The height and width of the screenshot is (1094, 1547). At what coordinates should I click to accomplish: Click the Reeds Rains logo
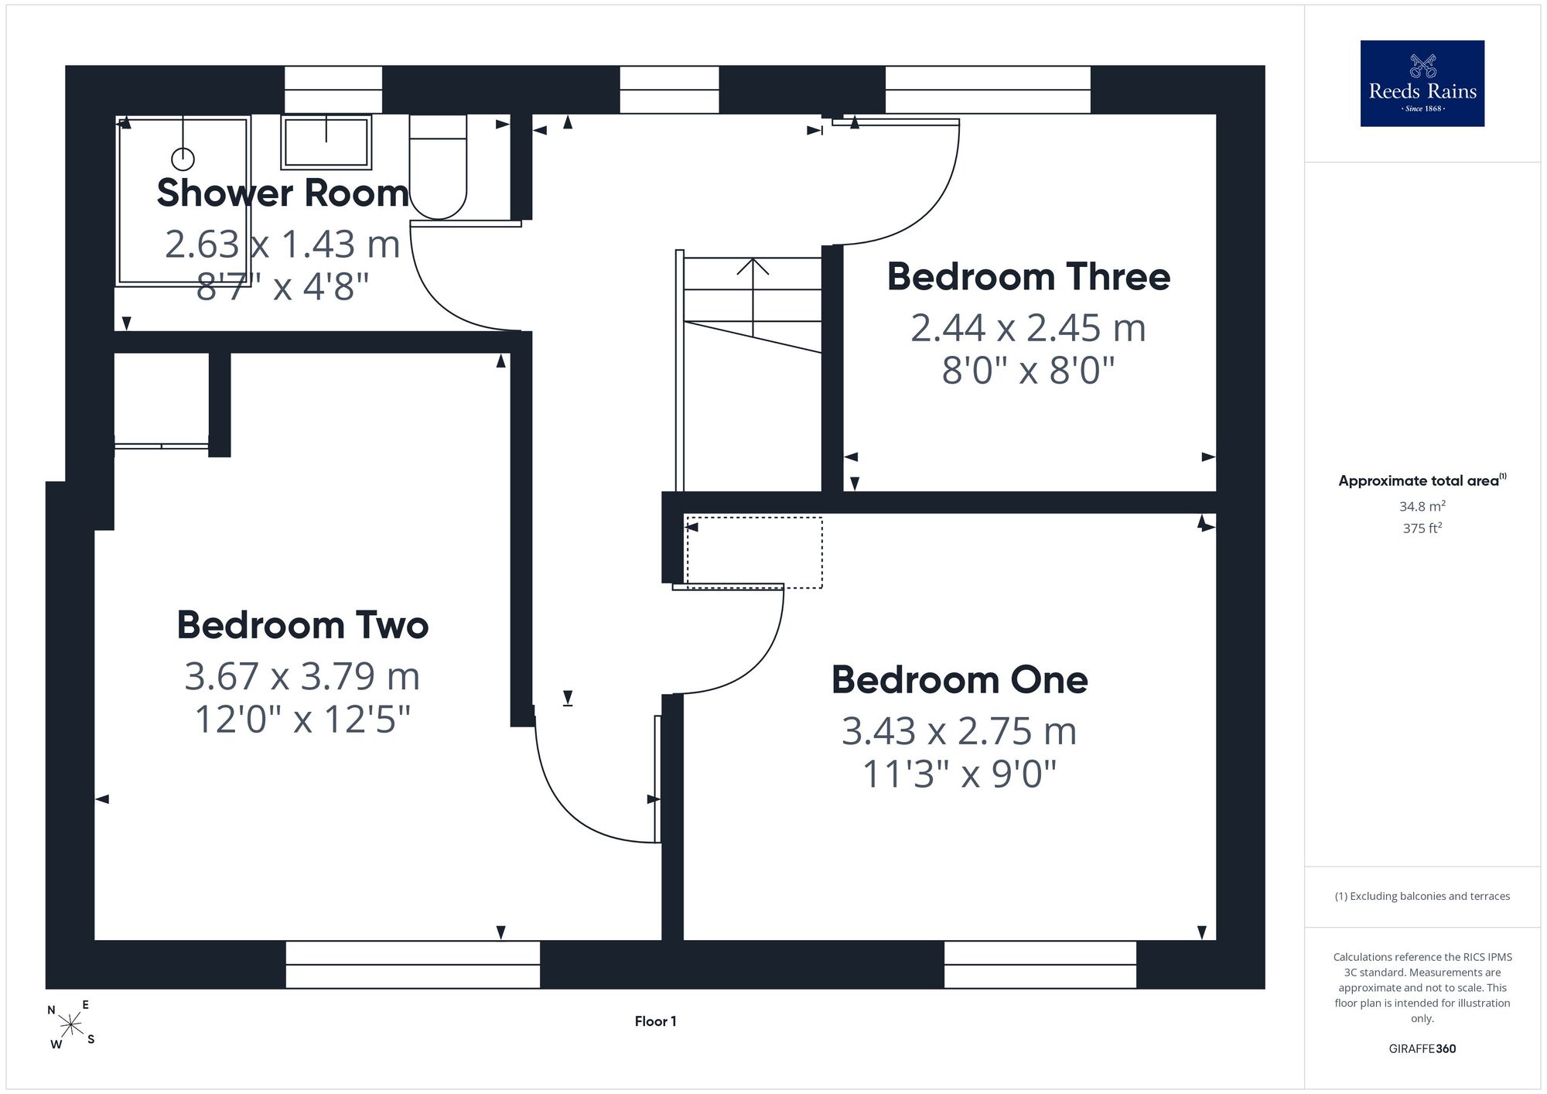tap(1422, 84)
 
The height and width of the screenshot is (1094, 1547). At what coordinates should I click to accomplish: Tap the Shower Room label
tap(282, 193)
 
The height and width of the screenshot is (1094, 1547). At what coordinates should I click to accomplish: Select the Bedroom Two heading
tap(302, 625)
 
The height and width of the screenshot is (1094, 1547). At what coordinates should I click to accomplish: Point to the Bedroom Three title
tap(1028, 277)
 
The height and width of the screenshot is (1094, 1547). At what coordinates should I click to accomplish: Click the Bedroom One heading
tap(959, 680)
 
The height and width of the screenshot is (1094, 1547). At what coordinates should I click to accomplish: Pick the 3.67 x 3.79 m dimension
tap(302, 676)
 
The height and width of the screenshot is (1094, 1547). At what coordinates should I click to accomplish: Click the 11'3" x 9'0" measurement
tap(959, 774)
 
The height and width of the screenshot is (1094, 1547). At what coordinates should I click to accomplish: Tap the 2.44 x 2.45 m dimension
tap(1028, 328)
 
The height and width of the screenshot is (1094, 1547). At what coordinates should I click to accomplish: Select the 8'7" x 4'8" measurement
tap(282, 286)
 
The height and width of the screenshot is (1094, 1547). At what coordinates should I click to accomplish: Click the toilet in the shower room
tap(438, 167)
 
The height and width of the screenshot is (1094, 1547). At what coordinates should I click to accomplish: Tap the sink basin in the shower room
tap(326, 142)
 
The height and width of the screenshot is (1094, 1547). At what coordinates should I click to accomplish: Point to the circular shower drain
tap(183, 159)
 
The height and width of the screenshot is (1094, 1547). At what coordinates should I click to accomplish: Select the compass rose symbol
tap(71, 1026)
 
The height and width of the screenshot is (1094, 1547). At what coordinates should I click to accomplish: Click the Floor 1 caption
tap(655, 1021)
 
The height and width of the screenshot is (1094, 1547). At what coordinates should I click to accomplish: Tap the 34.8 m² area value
tap(1422, 507)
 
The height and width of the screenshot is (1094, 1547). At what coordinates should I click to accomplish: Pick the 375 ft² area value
tap(1422, 528)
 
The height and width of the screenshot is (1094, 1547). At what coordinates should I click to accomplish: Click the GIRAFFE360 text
tap(1422, 1049)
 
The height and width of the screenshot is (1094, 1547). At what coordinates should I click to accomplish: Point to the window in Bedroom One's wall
tap(1040, 965)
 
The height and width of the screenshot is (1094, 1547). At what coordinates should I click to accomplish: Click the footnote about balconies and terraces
tap(1422, 896)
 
